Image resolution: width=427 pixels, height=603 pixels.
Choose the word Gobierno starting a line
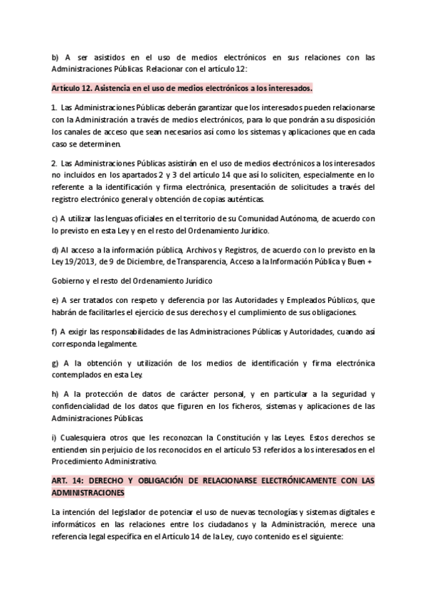pos(69,281)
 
